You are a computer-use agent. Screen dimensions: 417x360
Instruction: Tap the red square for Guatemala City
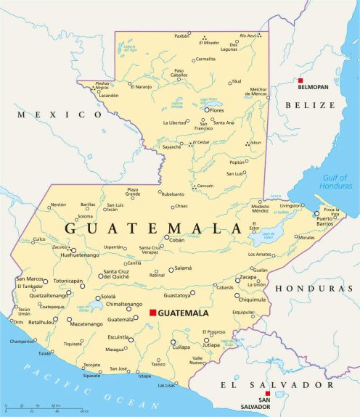(x=152, y=313)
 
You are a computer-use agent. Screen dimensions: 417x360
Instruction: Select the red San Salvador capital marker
(x=267, y=394)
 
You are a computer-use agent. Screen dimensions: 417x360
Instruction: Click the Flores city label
(x=216, y=110)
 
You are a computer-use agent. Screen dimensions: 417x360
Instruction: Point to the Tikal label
(x=236, y=81)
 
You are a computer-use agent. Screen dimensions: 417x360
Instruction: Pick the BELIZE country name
(x=310, y=104)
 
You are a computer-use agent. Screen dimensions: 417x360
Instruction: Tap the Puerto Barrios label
(x=324, y=223)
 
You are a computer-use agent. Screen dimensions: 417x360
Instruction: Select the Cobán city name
(x=176, y=239)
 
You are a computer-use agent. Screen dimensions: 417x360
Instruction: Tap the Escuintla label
(x=118, y=337)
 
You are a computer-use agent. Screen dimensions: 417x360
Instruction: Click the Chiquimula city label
(x=252, y=300)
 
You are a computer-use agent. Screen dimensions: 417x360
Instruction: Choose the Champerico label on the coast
(x=21, y=341)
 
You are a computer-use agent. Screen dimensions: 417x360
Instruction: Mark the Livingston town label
(x=291, y=206)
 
